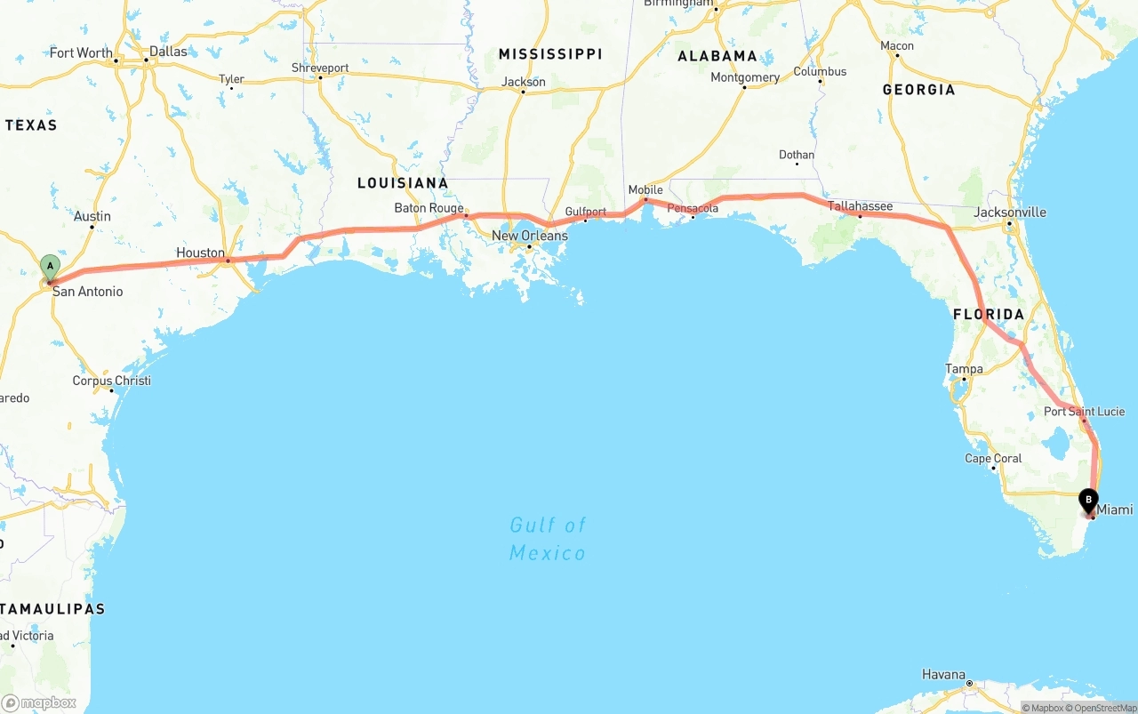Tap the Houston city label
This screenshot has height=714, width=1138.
click(200, 253)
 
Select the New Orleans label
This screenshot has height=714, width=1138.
click(529, 236)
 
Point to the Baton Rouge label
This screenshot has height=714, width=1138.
click(429, 208)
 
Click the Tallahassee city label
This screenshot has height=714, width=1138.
click(860, 206)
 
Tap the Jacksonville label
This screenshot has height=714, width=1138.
click(1009, 213)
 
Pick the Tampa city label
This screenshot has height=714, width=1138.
click(964, 369)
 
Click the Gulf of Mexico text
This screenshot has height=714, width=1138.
click(548, 539)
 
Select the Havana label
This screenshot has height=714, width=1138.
click(943, 675)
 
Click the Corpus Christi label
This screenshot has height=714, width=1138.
click(111, 381)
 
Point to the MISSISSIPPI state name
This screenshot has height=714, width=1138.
click(550, 54)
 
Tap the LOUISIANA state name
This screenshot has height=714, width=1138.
click(403, 183)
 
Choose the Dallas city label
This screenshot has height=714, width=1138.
click(168, 52)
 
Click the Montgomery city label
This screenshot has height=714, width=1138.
click(745, 77)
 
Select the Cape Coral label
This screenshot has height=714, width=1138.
click(993, 459)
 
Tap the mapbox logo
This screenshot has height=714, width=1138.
click(39, 702)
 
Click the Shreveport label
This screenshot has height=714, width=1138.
click(320, 68)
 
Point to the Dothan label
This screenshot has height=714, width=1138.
click(796, 155)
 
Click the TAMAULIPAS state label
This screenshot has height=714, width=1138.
click(53, 609)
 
